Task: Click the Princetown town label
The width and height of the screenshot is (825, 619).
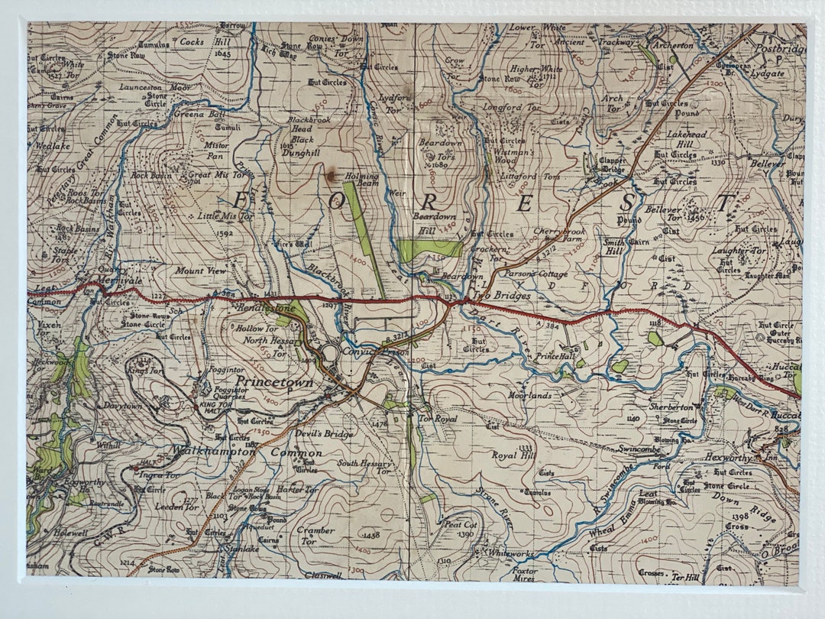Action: click(273, 381)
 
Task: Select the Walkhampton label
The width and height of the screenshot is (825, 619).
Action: click(213, 451)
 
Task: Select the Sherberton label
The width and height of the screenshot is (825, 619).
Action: click(670, 407)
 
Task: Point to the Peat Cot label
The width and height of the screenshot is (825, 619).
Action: click(461, 525)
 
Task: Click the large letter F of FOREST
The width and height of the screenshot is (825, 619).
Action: click(242, 201)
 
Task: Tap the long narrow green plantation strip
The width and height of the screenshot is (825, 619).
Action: click(364, 237)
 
